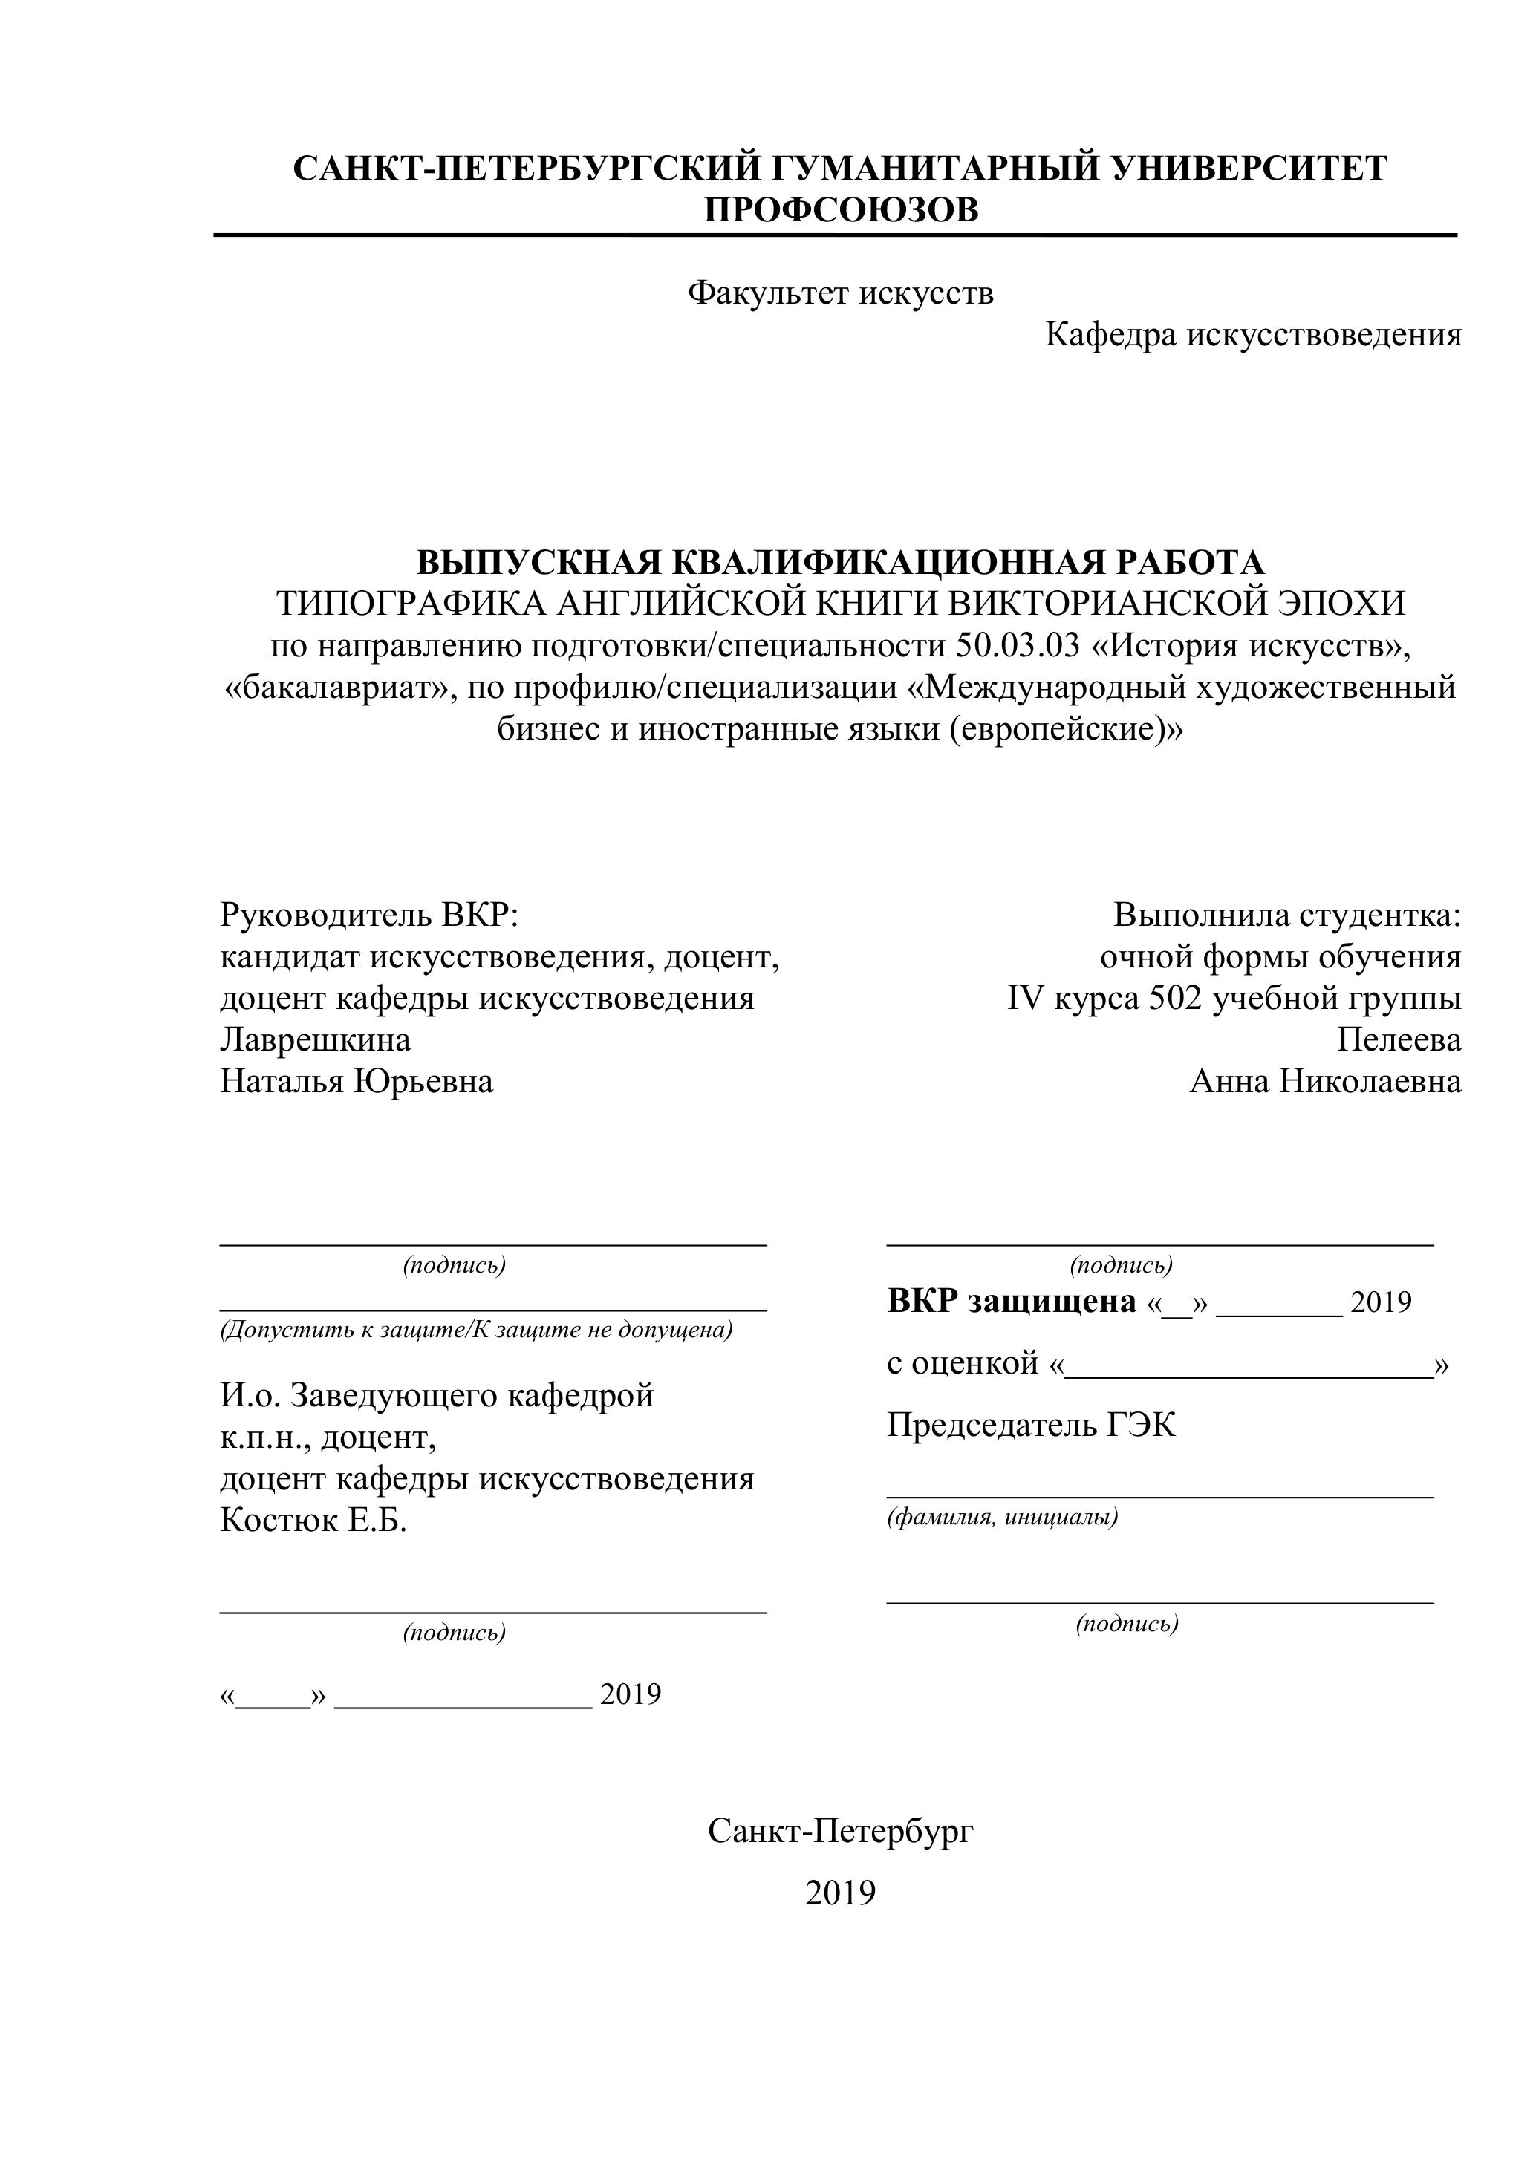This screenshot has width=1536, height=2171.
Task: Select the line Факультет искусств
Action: pyautogui.click(x=841, y=293)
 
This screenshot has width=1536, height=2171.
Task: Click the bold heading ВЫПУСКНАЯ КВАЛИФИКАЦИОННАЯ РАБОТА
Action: pyautogui.click(x=841, y=563)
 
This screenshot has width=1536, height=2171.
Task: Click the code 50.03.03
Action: pyautogui.click(x=1017, y=645)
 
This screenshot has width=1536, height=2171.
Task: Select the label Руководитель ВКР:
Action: pyautogui.click(x=370, y=915)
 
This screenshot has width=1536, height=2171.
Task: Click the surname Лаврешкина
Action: pyautogui.click(x=315, y=1040)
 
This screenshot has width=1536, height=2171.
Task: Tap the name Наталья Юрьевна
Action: pyautogui.click(x=357, y=1082)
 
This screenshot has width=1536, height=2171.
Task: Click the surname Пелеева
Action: pyautogui.click(x=1399, y=1040)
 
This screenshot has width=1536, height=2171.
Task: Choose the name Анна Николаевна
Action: pyautogui.click(x=1325, y=1082)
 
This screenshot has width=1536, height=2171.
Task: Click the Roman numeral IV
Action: pyautogui.click(x=1024, y=999)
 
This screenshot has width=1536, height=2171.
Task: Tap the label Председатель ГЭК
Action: pyautogui.click(x=1031, y=1425)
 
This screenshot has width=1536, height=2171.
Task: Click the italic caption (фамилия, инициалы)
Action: pyautogui.click(x=1003, y=1518)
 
